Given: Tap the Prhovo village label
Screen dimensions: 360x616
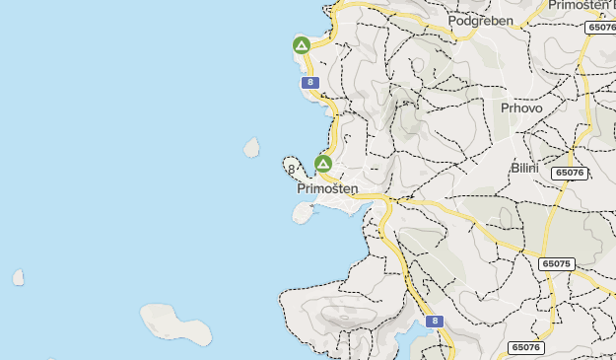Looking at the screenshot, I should pos(521,108).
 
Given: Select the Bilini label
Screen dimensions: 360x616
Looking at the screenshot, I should pos(524,169).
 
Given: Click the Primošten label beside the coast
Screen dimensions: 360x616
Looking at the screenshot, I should pos(327,188).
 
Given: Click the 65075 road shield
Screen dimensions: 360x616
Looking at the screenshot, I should pos(557,264).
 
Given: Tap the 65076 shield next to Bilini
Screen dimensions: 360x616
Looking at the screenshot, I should pos(570,173).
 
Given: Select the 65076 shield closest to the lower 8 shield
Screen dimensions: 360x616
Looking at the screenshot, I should pos(526,348).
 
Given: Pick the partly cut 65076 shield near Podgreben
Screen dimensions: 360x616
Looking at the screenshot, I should pos(600,28).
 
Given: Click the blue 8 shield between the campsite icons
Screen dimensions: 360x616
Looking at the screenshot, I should pos(310,83).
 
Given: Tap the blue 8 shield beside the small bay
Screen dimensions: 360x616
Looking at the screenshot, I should pos(435,322).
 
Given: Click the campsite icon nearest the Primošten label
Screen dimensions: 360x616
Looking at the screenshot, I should pos(322,163).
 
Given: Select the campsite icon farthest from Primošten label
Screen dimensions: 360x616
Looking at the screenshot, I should pos(302,45).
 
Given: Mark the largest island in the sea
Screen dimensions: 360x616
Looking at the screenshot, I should pos(175,324).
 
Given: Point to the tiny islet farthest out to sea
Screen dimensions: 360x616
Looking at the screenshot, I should pos(18,278).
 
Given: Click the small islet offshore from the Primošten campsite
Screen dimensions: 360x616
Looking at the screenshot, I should pos(251,148).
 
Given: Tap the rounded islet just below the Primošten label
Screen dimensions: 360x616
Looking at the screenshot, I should pos(303,212).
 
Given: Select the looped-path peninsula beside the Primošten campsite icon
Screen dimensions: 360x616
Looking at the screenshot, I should pos(293,165).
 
